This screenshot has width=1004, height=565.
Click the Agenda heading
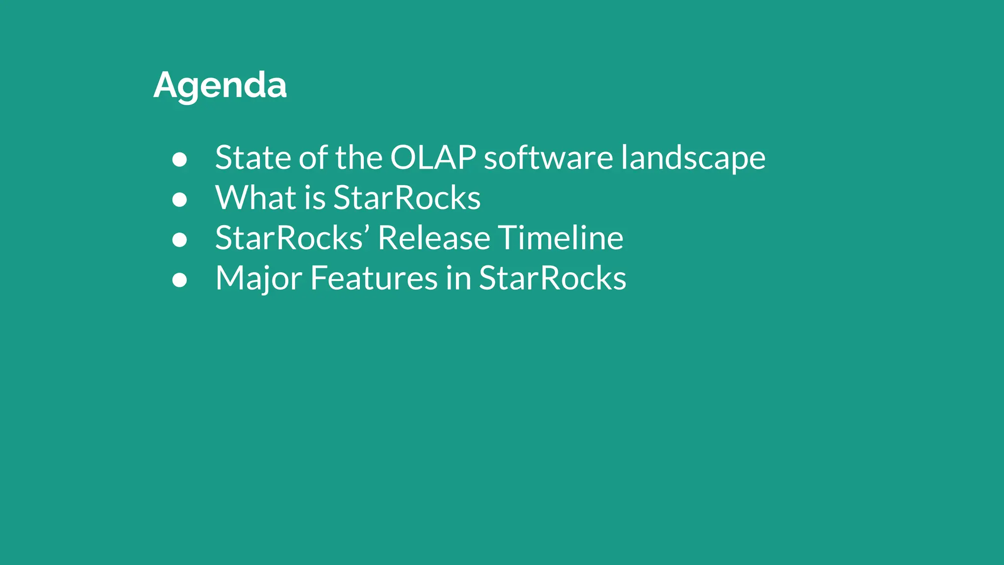click(x=220, y=85)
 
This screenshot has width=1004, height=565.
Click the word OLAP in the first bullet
click(x=433, y=158)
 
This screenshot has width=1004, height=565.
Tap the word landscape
click(x=693, y=158)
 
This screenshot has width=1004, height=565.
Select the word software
click(x=548, y=158)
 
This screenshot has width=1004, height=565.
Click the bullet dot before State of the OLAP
click(x=179, y=159)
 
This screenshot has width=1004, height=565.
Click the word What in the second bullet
click(x=255, y=198)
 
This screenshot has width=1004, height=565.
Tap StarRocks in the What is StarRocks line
click(x=407, y=198)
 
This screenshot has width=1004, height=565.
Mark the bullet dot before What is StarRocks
click(x=179, y=200)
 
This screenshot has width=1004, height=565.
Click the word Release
click(x=434, y=238)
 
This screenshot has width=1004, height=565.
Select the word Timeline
click(x=561, y=238)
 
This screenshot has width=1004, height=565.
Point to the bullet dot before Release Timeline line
click(x=179, y=240)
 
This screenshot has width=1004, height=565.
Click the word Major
click(x=258, y=279)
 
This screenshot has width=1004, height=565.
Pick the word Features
click(x=374, y=279)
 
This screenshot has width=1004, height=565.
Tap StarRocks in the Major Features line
click(x=552, y=279)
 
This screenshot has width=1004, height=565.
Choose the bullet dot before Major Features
click(x=179, y=280)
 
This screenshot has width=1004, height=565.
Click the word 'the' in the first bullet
click(x=358, y=158)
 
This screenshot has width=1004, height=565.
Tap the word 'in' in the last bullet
click(x=458, y=279)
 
